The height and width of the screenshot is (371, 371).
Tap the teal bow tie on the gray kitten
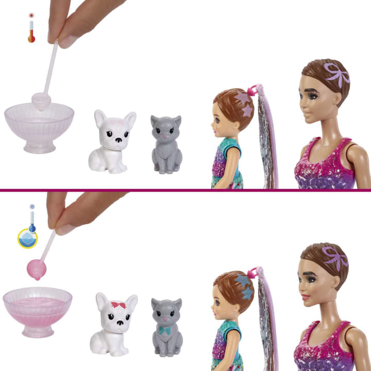click(165, 330)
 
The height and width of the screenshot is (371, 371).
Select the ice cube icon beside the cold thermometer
click(27, 239)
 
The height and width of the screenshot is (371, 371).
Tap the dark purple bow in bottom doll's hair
click(335, 258)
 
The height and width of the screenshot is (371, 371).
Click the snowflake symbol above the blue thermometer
click(32, 207)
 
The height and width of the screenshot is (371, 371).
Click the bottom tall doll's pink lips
click(305, 298)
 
